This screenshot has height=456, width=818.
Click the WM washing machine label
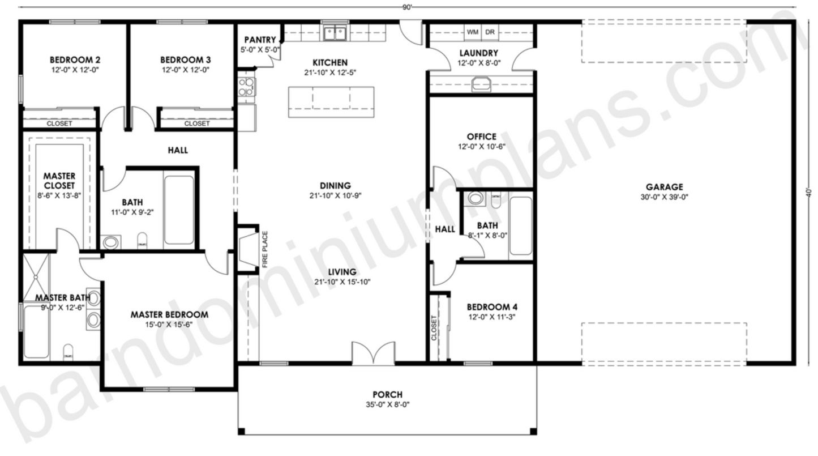pos(473,32)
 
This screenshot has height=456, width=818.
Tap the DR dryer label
pos(490,32)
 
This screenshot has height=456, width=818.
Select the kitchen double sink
pos(335,34)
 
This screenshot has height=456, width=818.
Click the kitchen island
pos(331,102)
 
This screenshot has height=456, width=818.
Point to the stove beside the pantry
pos(246,88)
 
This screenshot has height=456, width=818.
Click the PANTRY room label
pos(260,40)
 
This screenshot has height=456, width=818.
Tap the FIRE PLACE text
pos(264,249)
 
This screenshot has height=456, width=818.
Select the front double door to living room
pos(372,353)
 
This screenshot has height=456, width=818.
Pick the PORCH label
pos(387,395)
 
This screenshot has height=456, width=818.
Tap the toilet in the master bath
pos(68,351)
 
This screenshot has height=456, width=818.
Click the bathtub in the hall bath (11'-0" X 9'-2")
pos(179,210)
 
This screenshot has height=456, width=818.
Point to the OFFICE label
pos(481,137)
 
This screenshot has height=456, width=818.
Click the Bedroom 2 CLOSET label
pos(59,123)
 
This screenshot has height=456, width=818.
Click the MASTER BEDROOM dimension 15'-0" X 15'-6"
pos(169,325)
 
